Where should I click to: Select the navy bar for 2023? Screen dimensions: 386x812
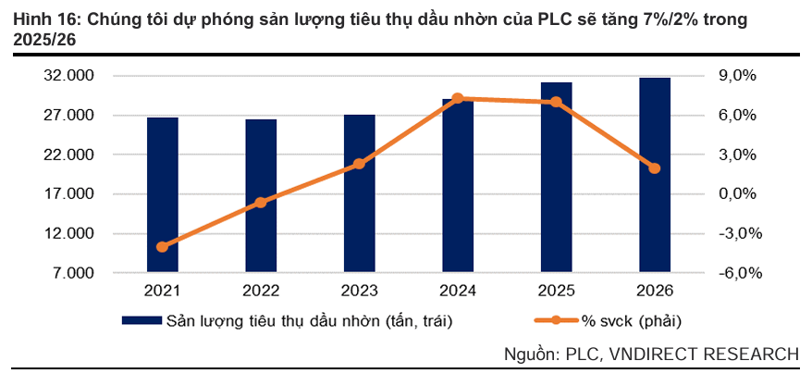pyautogui.click(x=359, y=193)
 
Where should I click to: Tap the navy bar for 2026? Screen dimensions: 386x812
pyautogui.click(x=655, y=175)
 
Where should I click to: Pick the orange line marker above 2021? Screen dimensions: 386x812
pyautogui.click(x=162, y=247)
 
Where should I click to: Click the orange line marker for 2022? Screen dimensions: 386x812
pyautogui.click(x=261, y=202)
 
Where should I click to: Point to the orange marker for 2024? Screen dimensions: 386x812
pyautogui.click(x=458, y=98)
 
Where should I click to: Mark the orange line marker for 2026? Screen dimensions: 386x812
pyautogui.click(x=655, y=168)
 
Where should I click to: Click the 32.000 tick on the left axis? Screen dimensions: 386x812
pyautogui.click(x=70, y=76)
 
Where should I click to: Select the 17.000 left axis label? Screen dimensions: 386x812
pyautogui.click(x=70, y=194)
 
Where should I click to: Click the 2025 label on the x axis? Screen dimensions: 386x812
pyautogui.click(x=556, y=291)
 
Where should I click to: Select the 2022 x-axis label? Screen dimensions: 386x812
pyautogui.click(x=261, y=291)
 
